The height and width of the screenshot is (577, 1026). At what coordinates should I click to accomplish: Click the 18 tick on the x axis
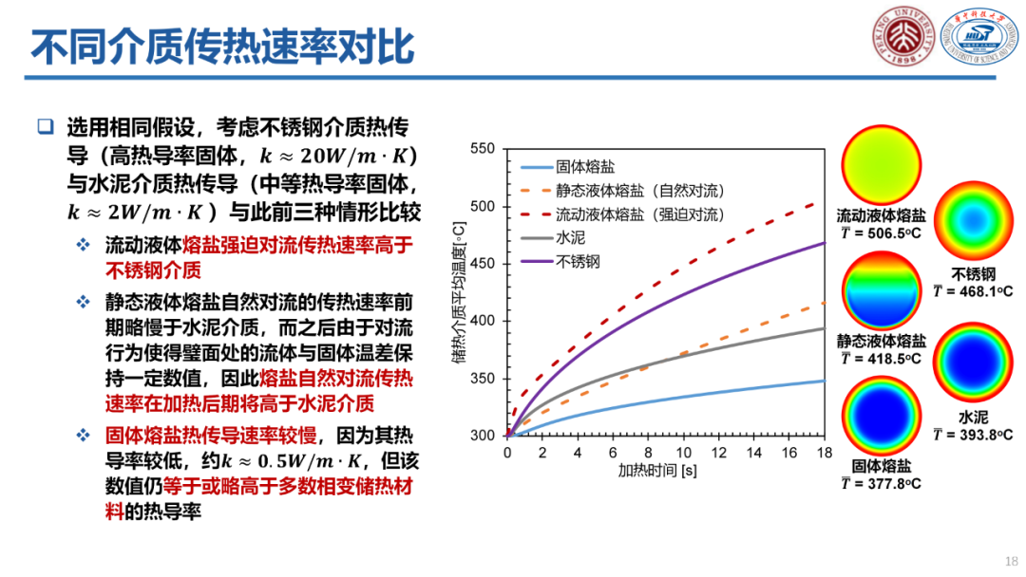(x=824, y=453)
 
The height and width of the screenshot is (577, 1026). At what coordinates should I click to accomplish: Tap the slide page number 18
(x=1010, y=560)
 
